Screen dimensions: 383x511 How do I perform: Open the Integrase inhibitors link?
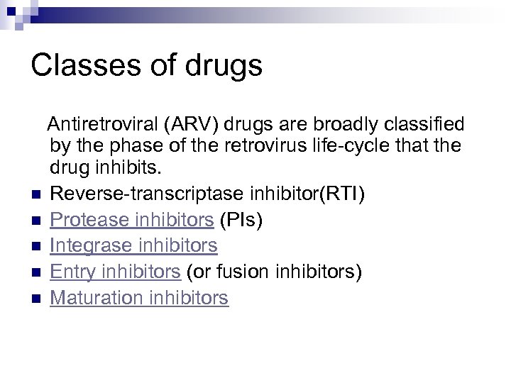coord(134,246)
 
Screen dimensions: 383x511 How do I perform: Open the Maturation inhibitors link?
coord(140,297)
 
